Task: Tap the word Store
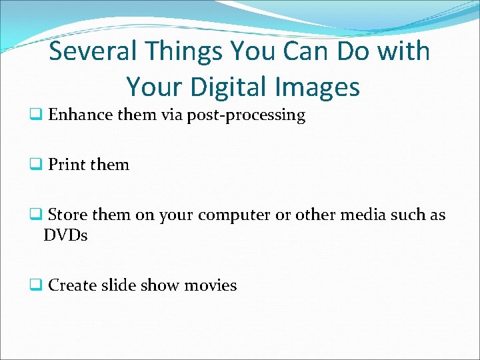(x=69, y=215)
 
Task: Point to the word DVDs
(x=65, y=235)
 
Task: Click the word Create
(x=73, y=285)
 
